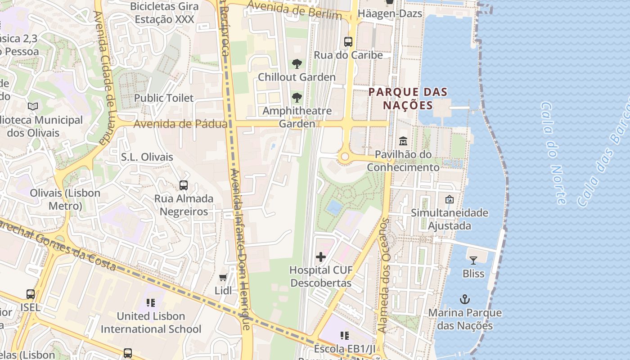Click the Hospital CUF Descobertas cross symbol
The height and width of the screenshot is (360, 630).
click(x=321, y=257)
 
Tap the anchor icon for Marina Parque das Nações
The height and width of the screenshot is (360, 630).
click(x=464, y=299)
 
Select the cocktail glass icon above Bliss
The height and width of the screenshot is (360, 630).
click(x=473, y=260)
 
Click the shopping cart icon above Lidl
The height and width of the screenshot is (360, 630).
click(x=223, y=277)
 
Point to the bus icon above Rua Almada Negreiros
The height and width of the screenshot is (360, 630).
click(x=183, y=185)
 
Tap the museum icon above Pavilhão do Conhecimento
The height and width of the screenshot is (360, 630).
click(x=403, y=141)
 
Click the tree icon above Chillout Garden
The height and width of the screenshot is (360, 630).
click(x=297, y=63)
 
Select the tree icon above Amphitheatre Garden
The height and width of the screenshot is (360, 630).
click(x=297, y=97)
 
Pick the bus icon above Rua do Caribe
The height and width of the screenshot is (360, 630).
click(x=348, y=42)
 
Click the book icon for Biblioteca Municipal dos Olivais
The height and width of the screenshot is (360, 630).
click(x=33, y=107)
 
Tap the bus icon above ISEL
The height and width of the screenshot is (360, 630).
click(x=31, y=294)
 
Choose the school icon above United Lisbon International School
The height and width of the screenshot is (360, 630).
click(x=151, y=303)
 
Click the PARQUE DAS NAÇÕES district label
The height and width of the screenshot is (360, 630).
click(x=408, y=99)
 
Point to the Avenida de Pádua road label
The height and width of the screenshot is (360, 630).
click(x=180, y=124)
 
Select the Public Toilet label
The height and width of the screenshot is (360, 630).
click(x=164, y=98)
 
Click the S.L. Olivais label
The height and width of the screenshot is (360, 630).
click(x=147, y=157)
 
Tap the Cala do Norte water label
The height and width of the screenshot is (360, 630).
click(x=553, y=153)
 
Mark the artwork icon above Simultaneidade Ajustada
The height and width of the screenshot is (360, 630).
click(x=449, y=199)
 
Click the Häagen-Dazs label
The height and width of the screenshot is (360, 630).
click(x=390, y=13)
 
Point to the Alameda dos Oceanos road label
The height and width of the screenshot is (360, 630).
click(x=383, y=275)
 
